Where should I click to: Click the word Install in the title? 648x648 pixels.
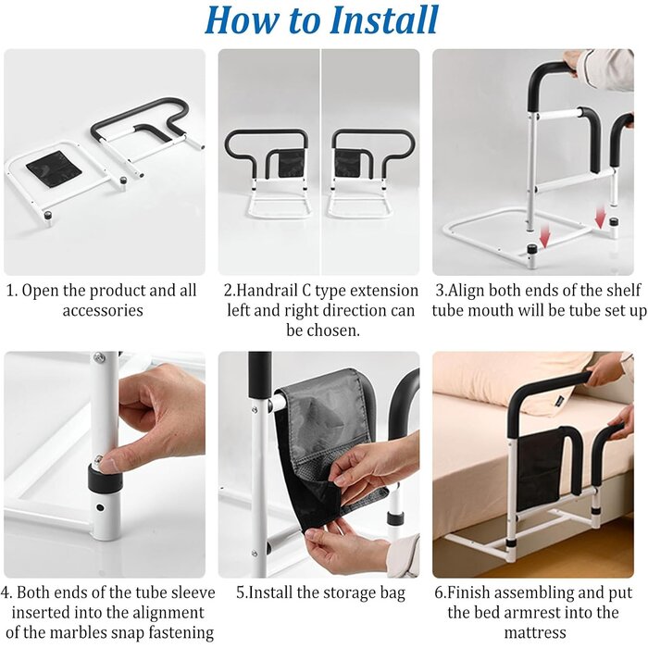click(384, 19)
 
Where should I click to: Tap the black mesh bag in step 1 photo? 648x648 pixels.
click(55, 168)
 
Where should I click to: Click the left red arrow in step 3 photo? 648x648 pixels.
click(545, 237)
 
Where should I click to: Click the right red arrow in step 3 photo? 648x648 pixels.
click(601, 217)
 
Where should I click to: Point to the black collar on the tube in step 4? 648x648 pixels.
click(105, 478)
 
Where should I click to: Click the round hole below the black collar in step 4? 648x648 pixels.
click(100, 506)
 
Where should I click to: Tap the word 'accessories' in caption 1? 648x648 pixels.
click(103, 310)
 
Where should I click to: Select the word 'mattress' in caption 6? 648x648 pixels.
click(535, 632)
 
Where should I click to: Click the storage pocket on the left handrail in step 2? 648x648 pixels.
click(292, 163)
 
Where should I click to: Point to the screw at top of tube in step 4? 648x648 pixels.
click(99, 357)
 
